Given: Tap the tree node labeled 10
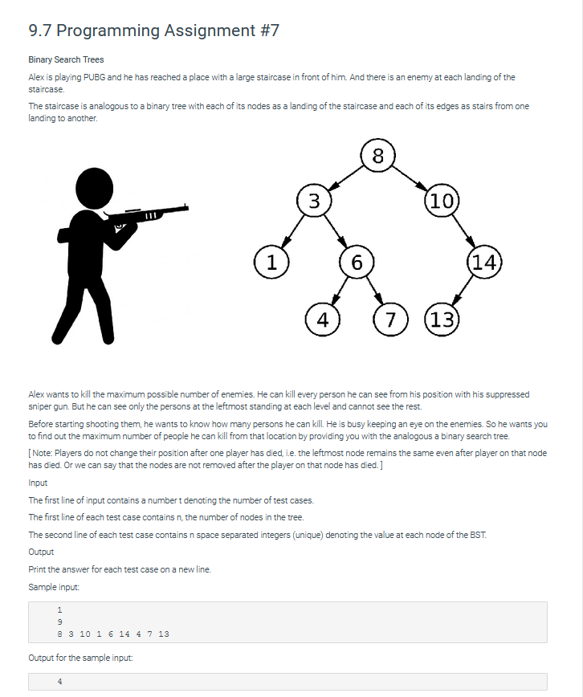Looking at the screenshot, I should point(441,201).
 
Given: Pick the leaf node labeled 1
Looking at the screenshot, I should point(271,261).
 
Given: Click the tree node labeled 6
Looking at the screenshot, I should point(357,261).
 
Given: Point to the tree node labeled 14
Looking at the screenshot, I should point(485,261).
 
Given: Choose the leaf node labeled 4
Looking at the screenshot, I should point(322,319).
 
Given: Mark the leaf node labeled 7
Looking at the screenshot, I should point(390,319).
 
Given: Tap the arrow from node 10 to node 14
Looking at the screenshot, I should point(463,231).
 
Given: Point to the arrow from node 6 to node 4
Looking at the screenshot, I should point(339,290).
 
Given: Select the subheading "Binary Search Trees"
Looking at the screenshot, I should point(66,59).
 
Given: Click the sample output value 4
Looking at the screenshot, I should point(59,682).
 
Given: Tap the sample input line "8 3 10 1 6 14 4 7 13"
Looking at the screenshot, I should point(112,634).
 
